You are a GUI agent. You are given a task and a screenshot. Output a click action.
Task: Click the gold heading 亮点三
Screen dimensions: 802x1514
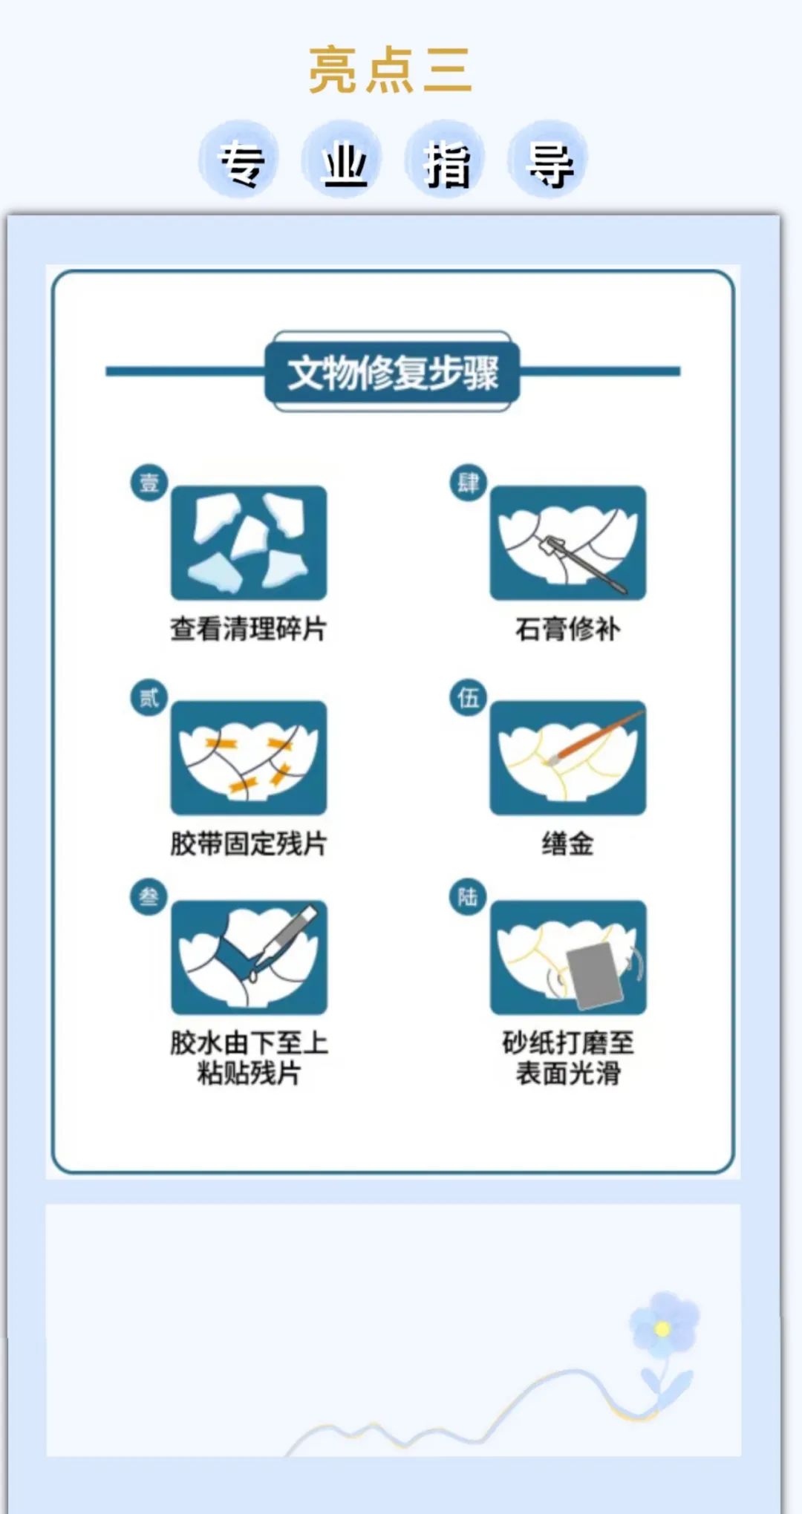pos(391,70)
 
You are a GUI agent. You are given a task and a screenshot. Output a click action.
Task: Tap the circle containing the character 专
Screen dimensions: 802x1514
pos(239,161)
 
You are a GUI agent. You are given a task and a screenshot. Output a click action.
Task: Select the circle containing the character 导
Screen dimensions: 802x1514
pos(548,161)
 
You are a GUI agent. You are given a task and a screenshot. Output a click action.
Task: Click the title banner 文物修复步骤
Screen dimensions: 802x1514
pos(393,371)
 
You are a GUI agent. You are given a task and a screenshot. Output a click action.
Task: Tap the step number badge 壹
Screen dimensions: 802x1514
pos(149,483)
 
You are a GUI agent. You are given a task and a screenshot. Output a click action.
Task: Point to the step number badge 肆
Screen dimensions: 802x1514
pos(469,483)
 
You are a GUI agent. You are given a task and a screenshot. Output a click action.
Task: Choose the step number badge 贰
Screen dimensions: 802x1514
pos(149,697)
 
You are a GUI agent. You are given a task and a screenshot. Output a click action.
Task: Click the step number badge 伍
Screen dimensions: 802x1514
pos(469,697)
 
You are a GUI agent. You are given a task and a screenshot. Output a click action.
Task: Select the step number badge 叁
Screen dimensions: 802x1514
pos(149,897)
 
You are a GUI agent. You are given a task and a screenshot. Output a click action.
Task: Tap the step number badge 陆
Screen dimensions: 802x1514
pos(469,897)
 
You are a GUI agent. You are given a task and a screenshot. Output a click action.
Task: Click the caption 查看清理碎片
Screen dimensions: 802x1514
pos(249,629)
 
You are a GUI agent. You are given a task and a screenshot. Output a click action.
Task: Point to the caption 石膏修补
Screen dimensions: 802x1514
pos(568,629)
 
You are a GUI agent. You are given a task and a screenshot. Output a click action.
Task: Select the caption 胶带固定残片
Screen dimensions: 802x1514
pos(249,844)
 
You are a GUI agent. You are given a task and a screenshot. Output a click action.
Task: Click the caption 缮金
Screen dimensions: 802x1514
pos(568,844)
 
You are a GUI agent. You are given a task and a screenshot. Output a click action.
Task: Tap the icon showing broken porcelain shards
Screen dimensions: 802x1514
pos(249,543)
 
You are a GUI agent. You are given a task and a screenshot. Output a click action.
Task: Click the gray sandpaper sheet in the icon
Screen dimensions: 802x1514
pos(594,976)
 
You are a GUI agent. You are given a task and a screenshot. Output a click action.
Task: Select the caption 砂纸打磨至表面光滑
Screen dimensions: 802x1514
pos(568,1058)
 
